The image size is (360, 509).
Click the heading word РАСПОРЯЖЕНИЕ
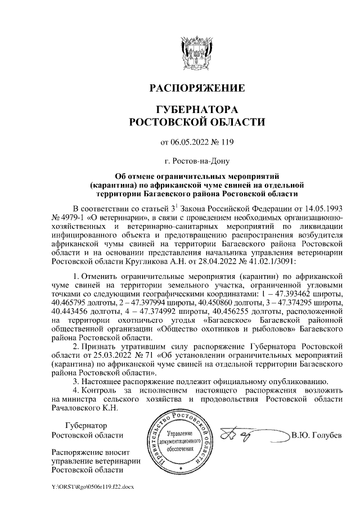pyautogui.click(x=196, y=88)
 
